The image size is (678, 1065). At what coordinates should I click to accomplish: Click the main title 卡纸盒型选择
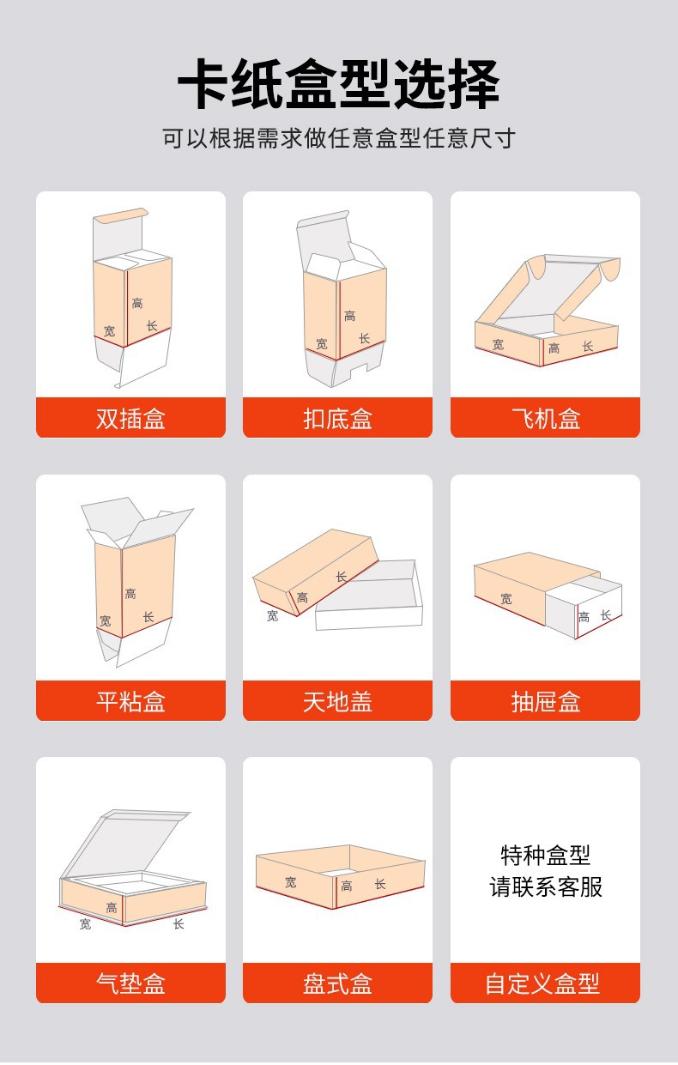pyautogui.click(x=338, y=85)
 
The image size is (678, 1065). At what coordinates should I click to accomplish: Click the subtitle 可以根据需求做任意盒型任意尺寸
pyautogui.click(x=338, y=138)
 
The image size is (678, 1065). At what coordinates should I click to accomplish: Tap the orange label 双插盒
pyautogui.click(x=130, y=419)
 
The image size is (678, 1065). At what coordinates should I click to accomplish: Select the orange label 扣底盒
pyautogui.click(x=337, y=419)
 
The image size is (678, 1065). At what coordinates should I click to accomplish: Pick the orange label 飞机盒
pyautogui.click(x=545, y=419)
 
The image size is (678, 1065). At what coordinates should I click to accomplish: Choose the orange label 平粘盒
pyautogui.click(x=130, y=702)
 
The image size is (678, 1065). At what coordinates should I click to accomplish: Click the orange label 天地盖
pyautogui.click(x=337, y=702)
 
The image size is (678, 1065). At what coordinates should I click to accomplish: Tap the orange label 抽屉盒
pyautogui.click(x=545, y=702)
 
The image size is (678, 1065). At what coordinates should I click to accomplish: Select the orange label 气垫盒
pyautogui.click(x=130, y=983)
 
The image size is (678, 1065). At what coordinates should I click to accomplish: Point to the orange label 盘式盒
pyautogui.click(x=337, y=983)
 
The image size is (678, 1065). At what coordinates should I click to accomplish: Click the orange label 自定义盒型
pyautogui.click(x=542, y=983)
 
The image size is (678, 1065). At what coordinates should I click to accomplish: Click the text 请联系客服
pyautogui.click(x=546, y=887)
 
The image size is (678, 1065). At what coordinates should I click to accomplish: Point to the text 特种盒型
pyautogui.click(x=546, y=856)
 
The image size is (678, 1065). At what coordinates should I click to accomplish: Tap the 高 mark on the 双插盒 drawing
pyautogui.click(x=137, y=303)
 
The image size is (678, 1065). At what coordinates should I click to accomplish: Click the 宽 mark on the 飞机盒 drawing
pyautogui.click(x=498, y=344)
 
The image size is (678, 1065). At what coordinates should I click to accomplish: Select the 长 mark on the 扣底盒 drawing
pyautogui.click(x=364, y=338)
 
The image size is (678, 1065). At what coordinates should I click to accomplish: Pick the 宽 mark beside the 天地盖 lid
pyautogui.click(x=272, y=615)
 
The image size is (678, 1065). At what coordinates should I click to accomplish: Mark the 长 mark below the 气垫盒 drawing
pyautogui.click(x=179, y=923)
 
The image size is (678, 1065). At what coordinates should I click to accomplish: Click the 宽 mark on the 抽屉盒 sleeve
pyautogui.click(x=505, y=599)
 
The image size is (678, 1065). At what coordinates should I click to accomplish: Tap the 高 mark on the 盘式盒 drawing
pyautogui.click(x=347, y=886)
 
